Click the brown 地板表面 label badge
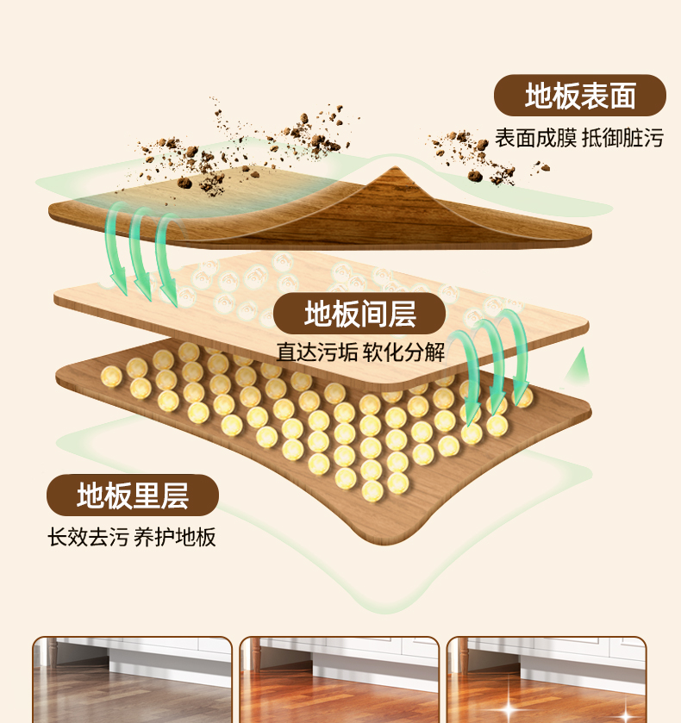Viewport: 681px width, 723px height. pos(580,96)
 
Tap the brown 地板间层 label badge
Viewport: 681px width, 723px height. pos(359,314)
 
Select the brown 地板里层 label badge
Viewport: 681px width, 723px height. pos(133,496)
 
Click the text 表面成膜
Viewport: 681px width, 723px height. pos(535,138)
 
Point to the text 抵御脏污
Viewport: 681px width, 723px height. pos(623,138)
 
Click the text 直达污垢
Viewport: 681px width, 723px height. pos(317,352)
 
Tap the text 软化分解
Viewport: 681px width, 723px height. pos(403,352)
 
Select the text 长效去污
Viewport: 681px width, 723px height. pos(88,537)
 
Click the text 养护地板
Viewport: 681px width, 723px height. pos(175,537)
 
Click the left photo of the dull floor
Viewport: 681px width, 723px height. pos(133,680)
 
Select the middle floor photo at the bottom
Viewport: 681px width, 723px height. pos(340,680)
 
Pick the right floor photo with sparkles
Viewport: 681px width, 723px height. pos(547,680)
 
